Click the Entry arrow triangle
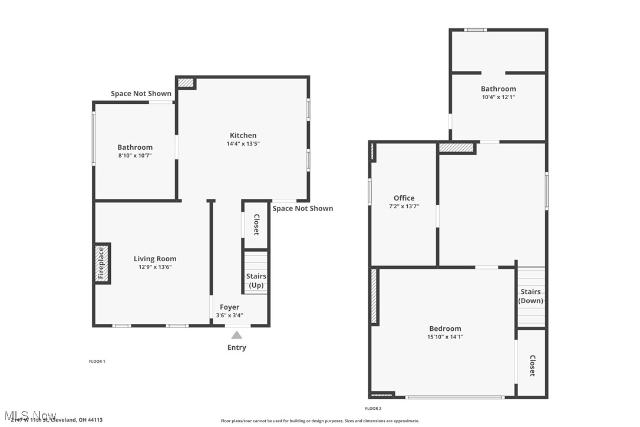pos(236,335)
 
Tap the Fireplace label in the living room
pos(101,263)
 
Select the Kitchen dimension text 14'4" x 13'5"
pos(243,143)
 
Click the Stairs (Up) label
pos(256,281)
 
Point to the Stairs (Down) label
pos(530,296)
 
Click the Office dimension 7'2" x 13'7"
pos(404,206)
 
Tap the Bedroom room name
pos(445,329)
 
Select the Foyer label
pos(229,307)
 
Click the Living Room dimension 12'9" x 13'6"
pos(155,267)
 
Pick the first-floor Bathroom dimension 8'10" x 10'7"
pos(135,155)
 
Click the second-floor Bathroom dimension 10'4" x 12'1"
pos(498,97)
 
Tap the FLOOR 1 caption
pos(96,361)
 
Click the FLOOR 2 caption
pos(373,408)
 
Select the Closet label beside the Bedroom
pos(532,365)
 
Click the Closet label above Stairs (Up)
pos(256,224)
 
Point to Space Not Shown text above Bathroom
pos(141,93)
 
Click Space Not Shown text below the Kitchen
pos(302,208)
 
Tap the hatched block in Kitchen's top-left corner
pos(186,83)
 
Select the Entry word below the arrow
pos(236,347)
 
